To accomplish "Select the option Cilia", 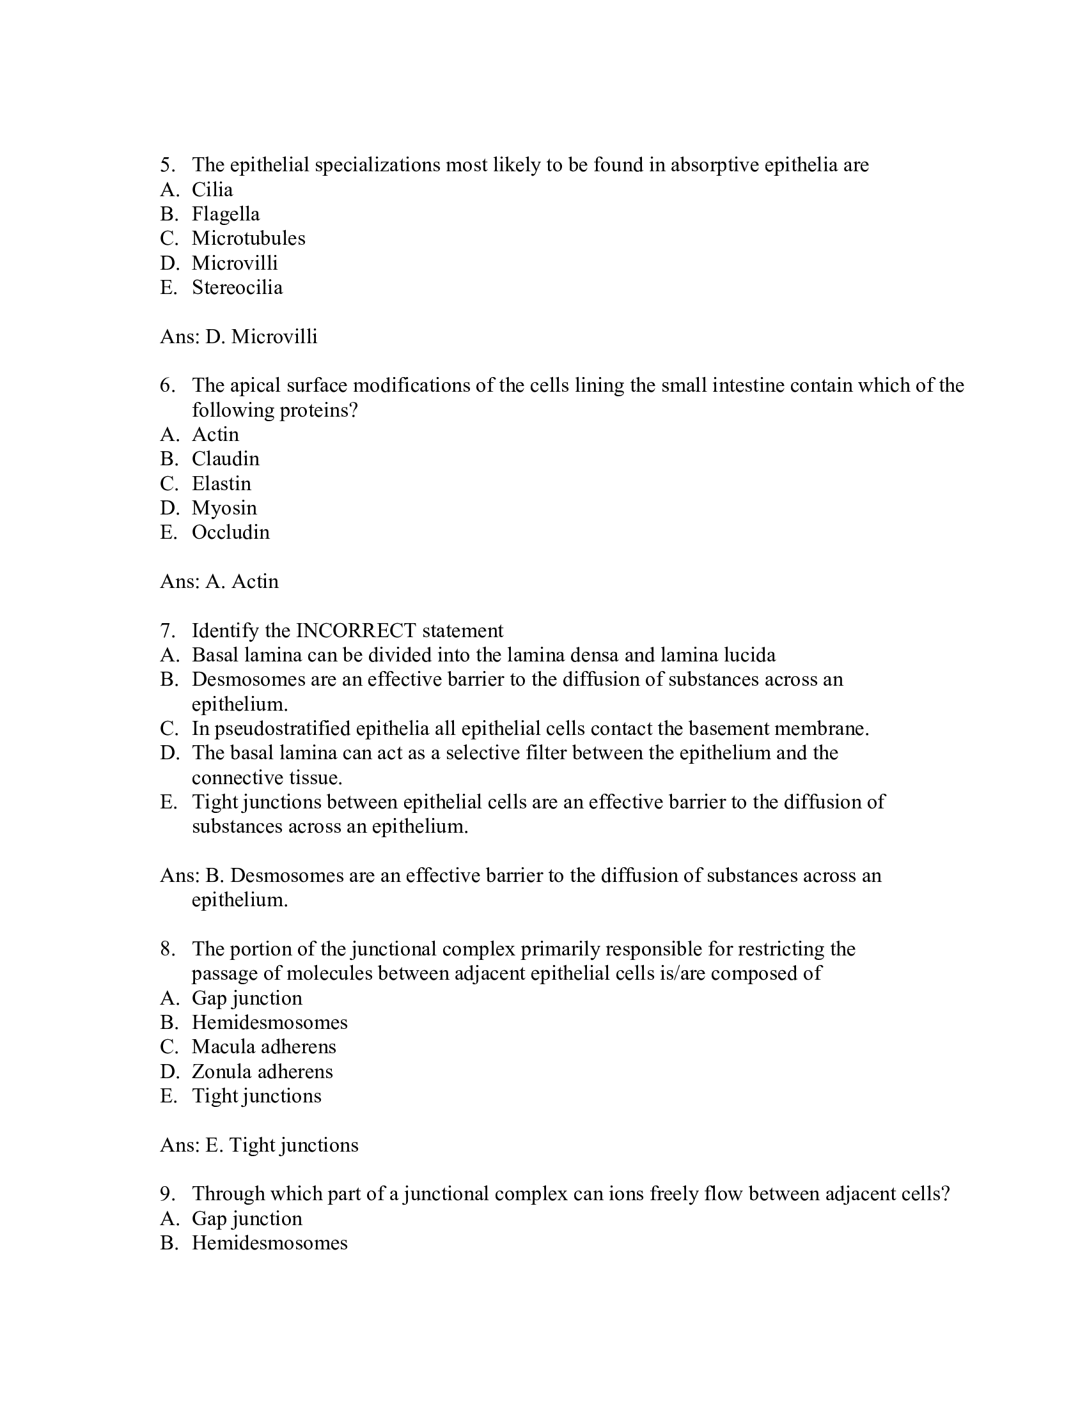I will pyautogui.click(x=212, y=190).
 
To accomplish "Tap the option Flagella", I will pyautogui.click(x=225, y=214).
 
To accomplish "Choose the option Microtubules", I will pyautogui.click(x=248, y=239).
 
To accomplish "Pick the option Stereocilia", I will pyautogui.click(x=237, y=288).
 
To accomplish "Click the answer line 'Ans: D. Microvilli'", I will pyautogui.click(x=239, y=337).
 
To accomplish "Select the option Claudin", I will pyautogui.click(x=225, y=459).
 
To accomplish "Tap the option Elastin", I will pyautogui.click(x=221, y=484).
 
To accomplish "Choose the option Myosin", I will pyautogui.click(x=224, y=509).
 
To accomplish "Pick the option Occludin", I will pyautogui.click(x=231, y=532).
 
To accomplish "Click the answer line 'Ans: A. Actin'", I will pyautogui.click(x=219, y=582).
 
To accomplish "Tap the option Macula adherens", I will pyautogui.click(x=263, y=1047).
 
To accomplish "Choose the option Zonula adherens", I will pyautogui.click(x=262, y=1072).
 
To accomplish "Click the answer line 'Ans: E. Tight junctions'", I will pyautogui.click(x=259, y=1145).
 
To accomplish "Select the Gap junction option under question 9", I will pyautogui.click(x=247, y=1219).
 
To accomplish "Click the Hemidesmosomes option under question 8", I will pyautogui.click(x=269, y=1023).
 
